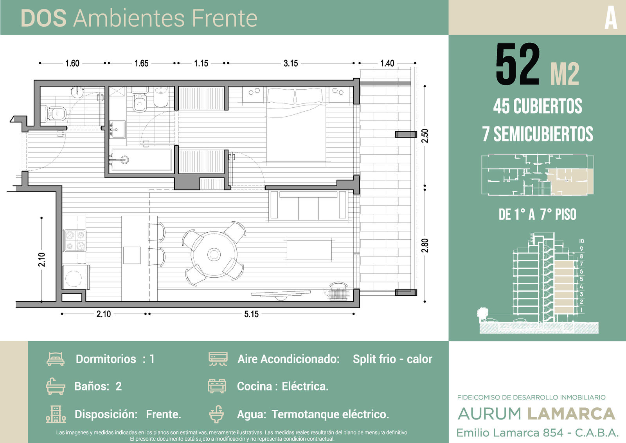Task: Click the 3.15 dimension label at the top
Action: point(291,63)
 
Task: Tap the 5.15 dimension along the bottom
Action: point(251,314)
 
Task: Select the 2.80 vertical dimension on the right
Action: point(425,246)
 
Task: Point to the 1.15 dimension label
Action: point(201,63)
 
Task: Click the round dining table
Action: point(214,254)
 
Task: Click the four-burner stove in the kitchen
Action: point(75,240)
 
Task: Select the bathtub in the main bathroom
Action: point(141,159)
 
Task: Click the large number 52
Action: point(517,64)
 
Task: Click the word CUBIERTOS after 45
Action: point(548,106)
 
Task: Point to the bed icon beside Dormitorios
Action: point(56,359)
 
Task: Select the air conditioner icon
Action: point(218,359)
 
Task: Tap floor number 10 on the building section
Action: point(581,241)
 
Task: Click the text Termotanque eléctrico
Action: point(330,414)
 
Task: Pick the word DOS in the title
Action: point(43,18)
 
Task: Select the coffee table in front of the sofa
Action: point(309,250)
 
